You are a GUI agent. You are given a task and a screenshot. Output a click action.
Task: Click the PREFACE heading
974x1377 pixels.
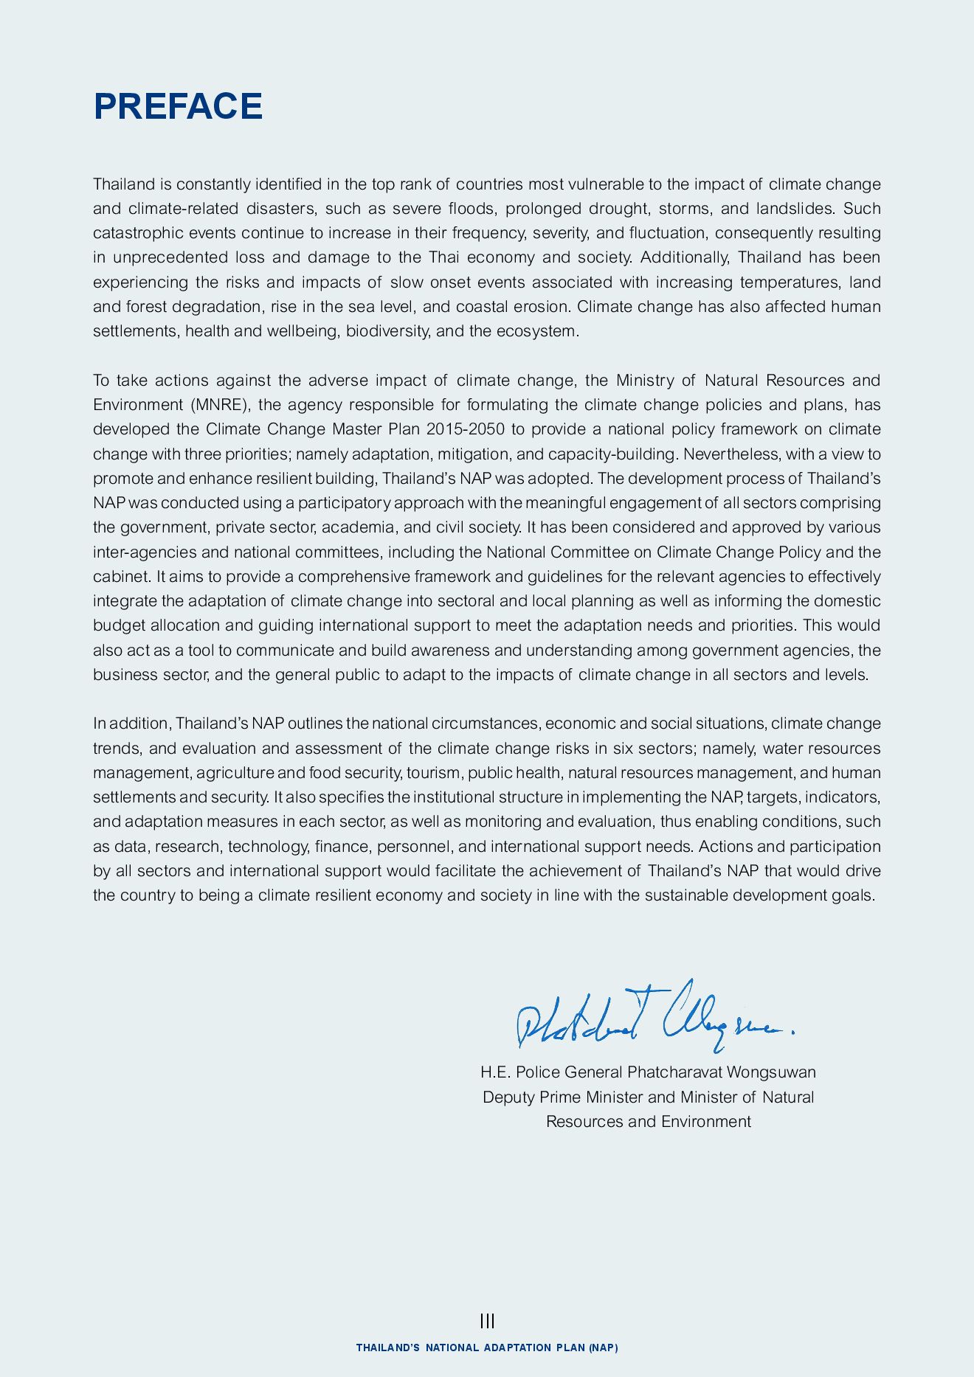(178, 106)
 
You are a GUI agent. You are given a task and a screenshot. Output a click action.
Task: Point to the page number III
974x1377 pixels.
(487, 1321)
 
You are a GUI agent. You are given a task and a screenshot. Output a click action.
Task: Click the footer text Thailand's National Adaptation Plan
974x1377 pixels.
(487, 1347)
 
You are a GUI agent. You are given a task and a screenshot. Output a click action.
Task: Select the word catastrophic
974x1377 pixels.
(138, 233)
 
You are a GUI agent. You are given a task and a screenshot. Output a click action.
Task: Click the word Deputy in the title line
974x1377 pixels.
(508, 1097)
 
